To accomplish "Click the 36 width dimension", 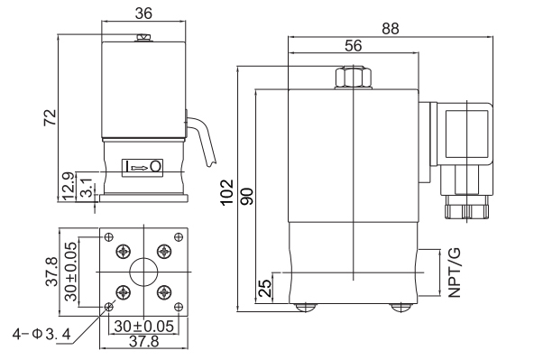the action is [x=143, y=14].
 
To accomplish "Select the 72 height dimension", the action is [x=51, y=117].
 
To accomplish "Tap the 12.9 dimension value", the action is [x=69, y=186].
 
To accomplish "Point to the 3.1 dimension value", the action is [x=87, y=188].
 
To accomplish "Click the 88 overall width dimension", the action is [x=391, y=29].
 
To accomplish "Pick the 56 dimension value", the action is [x=354, y=46].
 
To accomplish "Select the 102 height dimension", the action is [x=227, y=192].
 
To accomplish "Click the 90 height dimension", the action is [x=247, y=196].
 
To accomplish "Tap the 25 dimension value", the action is [x=265, y=288].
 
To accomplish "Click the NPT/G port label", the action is [x=455, y=272].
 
